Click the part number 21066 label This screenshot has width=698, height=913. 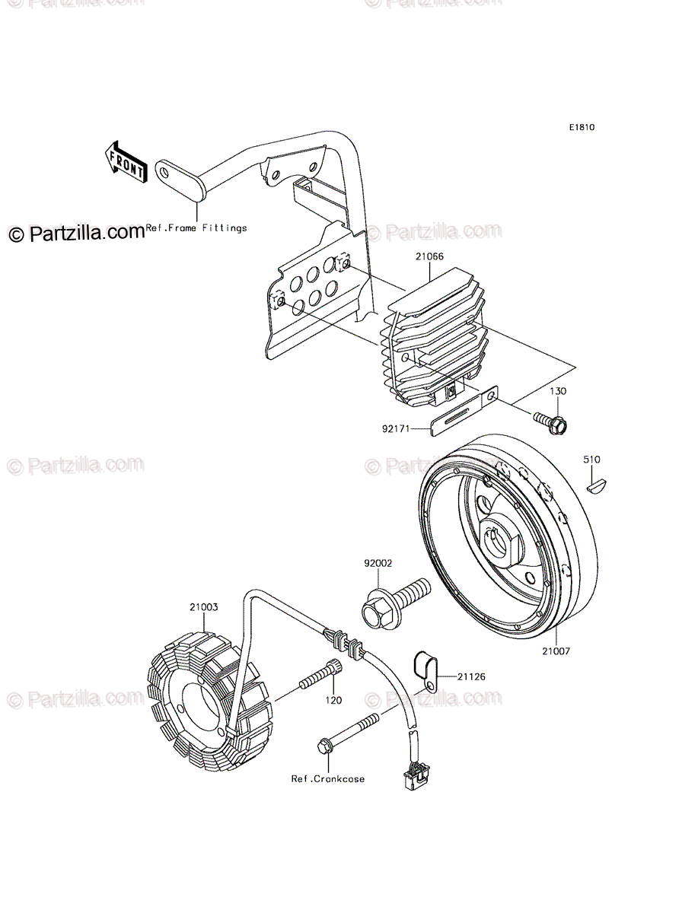pos(429,257)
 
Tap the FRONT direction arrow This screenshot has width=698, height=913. pos(124,163)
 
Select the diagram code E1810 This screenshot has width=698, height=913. pos(579,128)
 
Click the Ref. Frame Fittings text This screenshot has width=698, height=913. pos(196,227)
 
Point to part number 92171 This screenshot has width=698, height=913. pos(396,429)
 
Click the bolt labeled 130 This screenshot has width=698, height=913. pos(550,422)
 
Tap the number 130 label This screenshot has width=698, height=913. pos(559,390)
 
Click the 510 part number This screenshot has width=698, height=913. pos(591,460)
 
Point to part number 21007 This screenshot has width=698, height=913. pos(556,651)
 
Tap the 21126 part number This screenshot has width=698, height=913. pos(471,676)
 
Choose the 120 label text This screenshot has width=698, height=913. pos(333,700)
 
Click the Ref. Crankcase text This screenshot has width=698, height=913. pos(327,778)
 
